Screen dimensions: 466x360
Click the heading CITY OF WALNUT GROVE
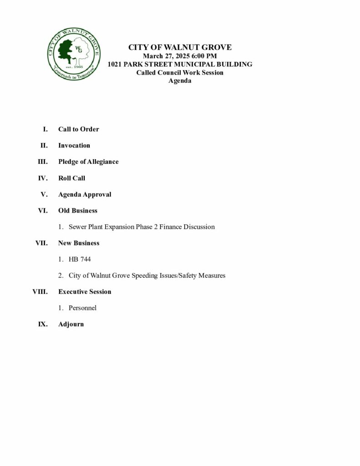click(180, 47)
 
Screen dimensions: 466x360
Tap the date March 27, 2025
click(164, 56)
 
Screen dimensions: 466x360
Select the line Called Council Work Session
click(180, 73)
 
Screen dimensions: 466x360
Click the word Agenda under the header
click(180, 81)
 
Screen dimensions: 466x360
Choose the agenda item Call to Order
click(78, 129)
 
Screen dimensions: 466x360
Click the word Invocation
click(74, 146)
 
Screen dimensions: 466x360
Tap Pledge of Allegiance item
click(88, 162)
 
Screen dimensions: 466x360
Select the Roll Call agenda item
click(71, 178)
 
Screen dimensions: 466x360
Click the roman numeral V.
click(44, 194)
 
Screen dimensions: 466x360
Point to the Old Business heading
click(78, 211)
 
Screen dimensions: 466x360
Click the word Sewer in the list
click(78, 227)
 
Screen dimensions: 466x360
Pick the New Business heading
click(79, 243)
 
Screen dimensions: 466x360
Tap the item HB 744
click(80, 259)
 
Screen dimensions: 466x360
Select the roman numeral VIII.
click(40, 292)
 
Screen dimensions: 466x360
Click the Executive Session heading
click(85, 292)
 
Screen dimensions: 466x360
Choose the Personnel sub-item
click(82, 308)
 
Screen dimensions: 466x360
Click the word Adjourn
click(71, 324)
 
